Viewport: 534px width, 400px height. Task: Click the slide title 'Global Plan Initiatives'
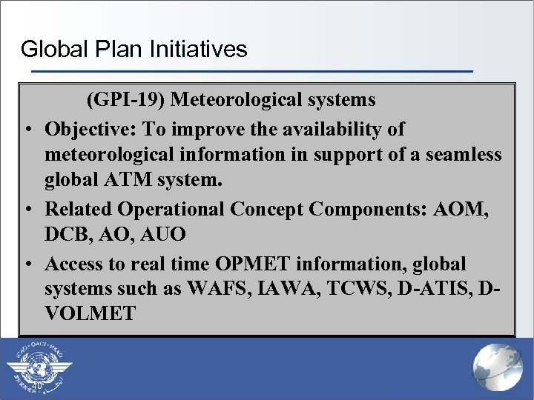coord(133,49)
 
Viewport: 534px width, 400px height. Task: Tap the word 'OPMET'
coord(244,264)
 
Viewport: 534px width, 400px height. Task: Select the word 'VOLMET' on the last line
coord(90,314)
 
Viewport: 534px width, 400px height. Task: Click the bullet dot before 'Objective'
coord(27,130)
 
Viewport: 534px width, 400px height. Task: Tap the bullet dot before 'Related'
coord(27,210)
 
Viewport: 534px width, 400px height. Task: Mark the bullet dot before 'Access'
coord(27,264)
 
